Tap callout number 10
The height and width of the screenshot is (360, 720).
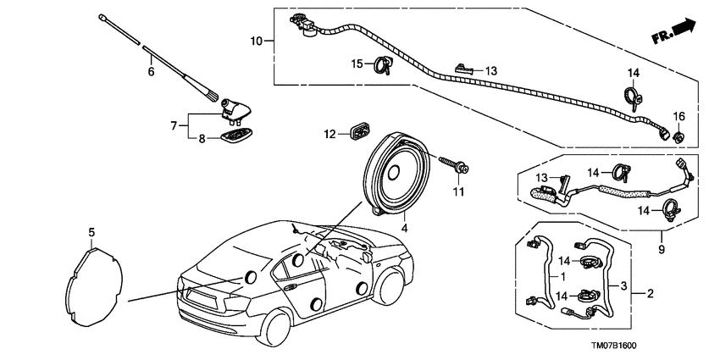(x=258, y=41)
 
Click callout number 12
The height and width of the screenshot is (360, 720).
(x=331, y=133)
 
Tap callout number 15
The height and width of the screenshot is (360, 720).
(x=357, y=64)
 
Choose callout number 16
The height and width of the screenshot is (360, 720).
(x=678, y=116)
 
